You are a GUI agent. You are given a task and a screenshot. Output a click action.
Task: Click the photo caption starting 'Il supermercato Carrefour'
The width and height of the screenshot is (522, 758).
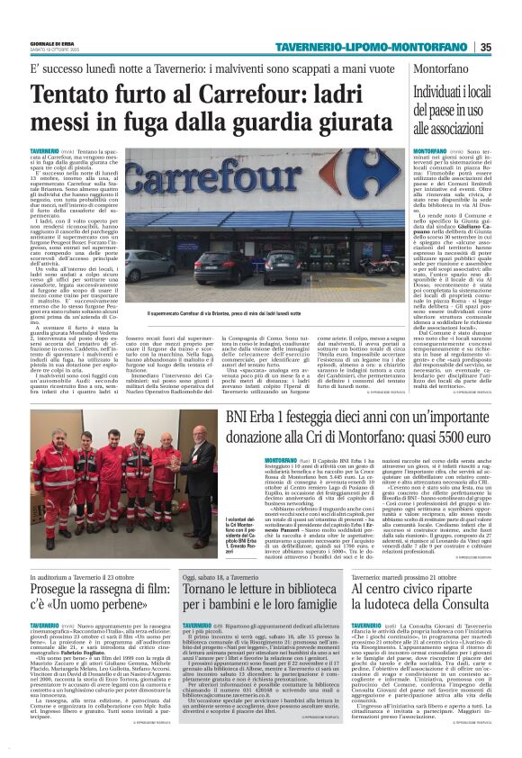click(224, 314)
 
